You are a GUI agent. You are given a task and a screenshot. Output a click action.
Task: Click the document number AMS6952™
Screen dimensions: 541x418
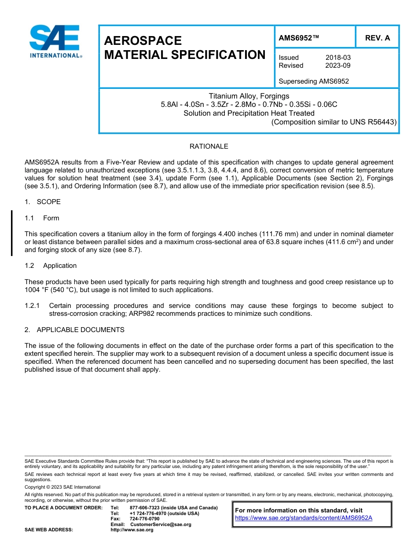coord(299,38)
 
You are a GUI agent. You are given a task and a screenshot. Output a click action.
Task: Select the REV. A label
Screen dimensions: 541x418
coord(377,38)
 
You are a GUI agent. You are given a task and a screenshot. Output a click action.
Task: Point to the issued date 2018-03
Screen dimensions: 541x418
coord(338,58)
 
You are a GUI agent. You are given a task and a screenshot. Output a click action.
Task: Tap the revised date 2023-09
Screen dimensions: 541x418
coord(338,66)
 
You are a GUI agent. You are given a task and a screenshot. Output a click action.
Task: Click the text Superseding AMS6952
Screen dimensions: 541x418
coord(314,81)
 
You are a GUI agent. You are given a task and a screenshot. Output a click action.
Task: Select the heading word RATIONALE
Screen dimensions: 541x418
coord(209,146)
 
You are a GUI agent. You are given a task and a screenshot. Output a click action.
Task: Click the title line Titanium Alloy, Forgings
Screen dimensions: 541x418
coord(249,96)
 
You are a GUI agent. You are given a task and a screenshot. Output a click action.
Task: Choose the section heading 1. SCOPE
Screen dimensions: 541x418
coord(43,202)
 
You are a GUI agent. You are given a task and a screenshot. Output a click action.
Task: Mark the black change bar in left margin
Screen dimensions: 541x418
coord(12,233)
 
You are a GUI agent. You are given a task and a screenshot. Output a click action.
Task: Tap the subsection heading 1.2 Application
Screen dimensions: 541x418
coord(51,266)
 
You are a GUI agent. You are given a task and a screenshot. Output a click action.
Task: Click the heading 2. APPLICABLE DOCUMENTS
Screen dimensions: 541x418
coord(74,330)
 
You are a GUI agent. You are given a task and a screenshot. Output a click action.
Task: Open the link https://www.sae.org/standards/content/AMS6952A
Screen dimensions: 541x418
coord(304,518)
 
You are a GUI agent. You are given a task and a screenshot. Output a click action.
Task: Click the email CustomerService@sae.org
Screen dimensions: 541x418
coord(161,524)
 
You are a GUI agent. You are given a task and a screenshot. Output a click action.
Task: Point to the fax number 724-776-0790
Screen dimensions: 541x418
coord(145,519)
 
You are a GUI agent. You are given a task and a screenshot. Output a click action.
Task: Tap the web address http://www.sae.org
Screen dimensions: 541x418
coord(132,530)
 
